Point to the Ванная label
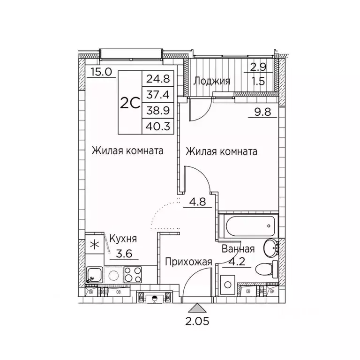(239, 249)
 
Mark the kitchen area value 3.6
(124, 254)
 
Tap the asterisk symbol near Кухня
(95, 244)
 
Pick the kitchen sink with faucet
(94, 275)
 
